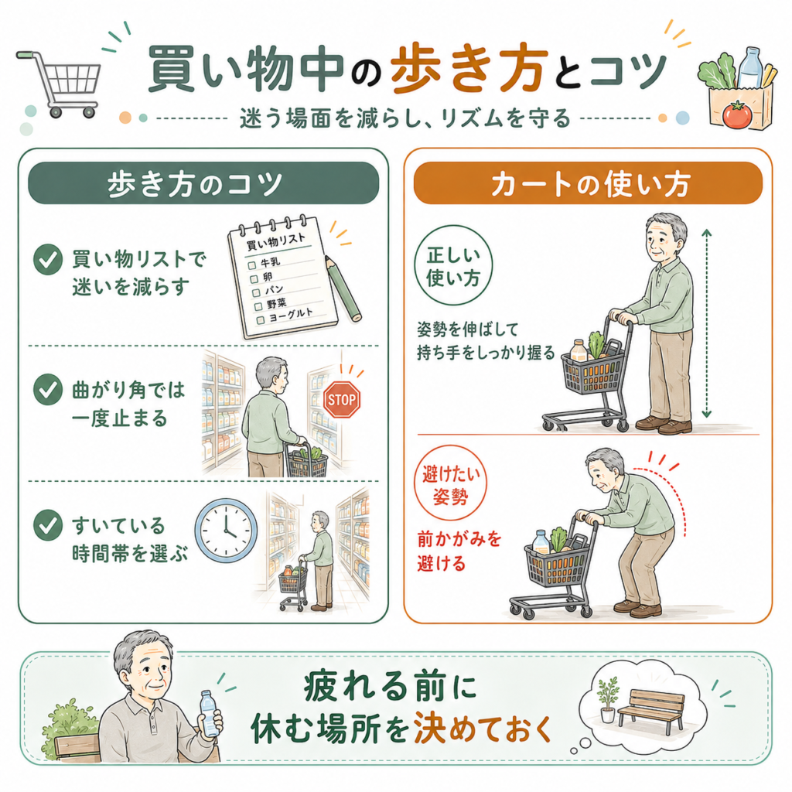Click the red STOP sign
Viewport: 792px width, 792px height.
click(x=341, y=400)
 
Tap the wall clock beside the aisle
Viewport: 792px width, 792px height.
click(x=226, y=531)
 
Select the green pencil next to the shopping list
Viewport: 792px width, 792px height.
click(x=343, y=288)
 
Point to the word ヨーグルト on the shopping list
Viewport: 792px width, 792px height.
click(x=291, y=316)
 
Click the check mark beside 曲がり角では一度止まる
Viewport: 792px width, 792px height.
click(x=48, y=390)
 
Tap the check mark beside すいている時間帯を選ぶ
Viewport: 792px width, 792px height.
click(x=48, y=525)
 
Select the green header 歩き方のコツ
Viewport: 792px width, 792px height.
click(x=203, y=183)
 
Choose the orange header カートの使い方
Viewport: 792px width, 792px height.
click(x=588, y=183)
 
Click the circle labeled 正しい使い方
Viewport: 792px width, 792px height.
click(x=453, y=266)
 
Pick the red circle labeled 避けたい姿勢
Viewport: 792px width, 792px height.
click(x=451, y=483)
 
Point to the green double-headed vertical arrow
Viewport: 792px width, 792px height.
click(x=707, y=323)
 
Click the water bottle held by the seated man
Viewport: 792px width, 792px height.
click(x=209, y=713)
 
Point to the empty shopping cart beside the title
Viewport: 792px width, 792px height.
click(x=60, y=84)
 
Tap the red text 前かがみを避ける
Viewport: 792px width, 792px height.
click(x=459, y=551)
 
